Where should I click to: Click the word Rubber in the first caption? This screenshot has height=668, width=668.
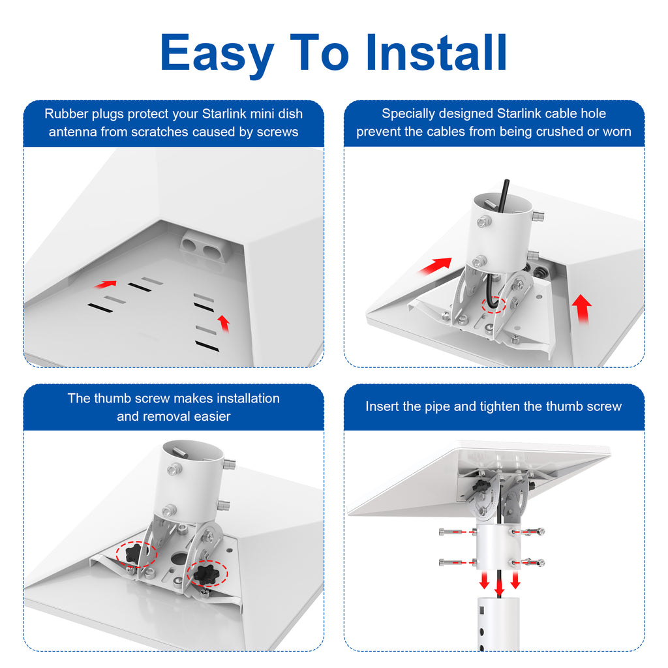66,114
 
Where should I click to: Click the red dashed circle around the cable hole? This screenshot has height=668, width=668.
494,305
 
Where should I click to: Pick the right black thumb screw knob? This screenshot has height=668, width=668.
207,573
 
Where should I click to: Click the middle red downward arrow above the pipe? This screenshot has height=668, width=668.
499,584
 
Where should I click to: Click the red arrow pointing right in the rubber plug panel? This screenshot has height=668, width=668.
106,284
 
